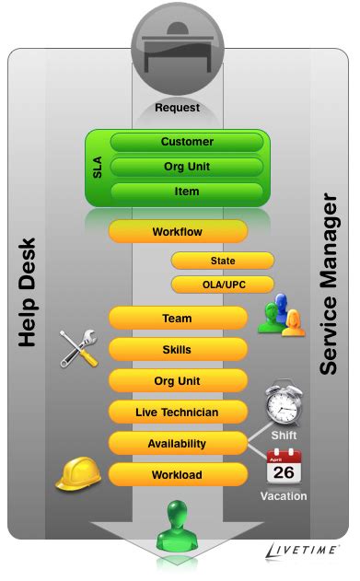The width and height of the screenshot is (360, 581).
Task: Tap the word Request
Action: pyautogui.click(x=178, y=108)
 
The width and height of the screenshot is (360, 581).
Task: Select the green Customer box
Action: pyautogui.click(x=187, y=142)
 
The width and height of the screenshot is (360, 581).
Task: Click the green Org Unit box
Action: pyautogui.click(x=187, y=167)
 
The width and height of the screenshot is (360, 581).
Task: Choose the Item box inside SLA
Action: pyautogui.click(x=187, y=191)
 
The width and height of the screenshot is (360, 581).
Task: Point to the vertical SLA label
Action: pyautogui.click(x=98, y=167)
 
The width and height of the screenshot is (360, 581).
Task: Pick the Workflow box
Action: pyautogui.click(x=178, y=232)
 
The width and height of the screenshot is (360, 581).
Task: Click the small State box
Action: pyautogui.click(x=222, y=261)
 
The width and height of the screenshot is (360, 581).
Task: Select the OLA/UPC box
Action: pyautogui.click(x=222, y=284)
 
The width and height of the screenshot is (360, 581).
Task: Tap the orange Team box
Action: pyautogui.click(x=178, y=319)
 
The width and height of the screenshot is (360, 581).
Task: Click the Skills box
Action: pyautogui.click(x=178, y=350)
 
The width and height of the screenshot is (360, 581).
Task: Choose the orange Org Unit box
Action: pyautogui.click(x=178, y=381)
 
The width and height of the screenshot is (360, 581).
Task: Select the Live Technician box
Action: pyautogui.click(x=178, y=412)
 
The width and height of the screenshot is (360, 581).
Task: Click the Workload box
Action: pyautogui.click(x=178, y=475)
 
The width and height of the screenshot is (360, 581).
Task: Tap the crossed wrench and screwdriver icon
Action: pyautogui.click(x=79, y=348)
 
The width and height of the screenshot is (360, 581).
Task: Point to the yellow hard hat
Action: pyautogui.click(x=77, y=472)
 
